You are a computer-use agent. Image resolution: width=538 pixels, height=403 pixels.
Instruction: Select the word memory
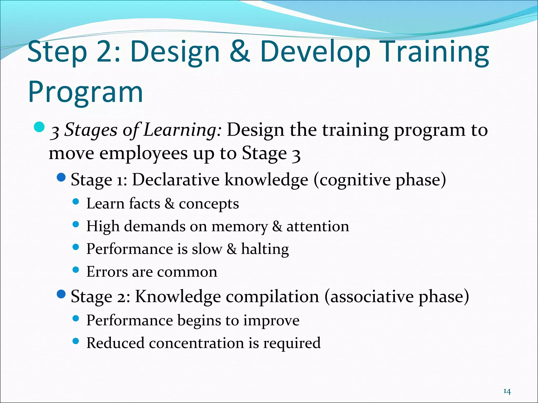240,227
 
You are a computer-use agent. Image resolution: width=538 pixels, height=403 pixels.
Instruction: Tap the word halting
265,249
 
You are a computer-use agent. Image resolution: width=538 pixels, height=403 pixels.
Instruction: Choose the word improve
271,321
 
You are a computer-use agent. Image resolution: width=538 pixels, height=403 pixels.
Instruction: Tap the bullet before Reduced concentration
76,341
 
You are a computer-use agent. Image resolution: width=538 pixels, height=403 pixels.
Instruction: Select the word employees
143,154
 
